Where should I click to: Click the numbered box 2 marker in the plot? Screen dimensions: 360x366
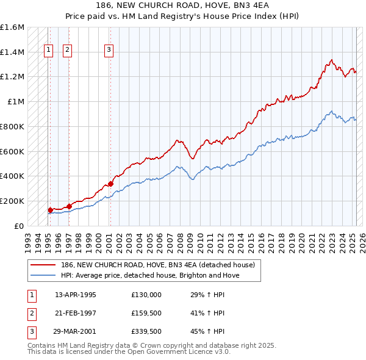tap(67, 51)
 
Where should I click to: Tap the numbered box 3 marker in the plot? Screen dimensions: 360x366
tap(109, 51)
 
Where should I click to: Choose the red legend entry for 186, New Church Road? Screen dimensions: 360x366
tap(161, 265)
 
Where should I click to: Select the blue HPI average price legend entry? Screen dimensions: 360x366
tap(150, 275)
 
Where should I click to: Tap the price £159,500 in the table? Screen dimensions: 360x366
tap(146, 312)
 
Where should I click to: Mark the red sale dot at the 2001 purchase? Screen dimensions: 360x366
tap(111, 183)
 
